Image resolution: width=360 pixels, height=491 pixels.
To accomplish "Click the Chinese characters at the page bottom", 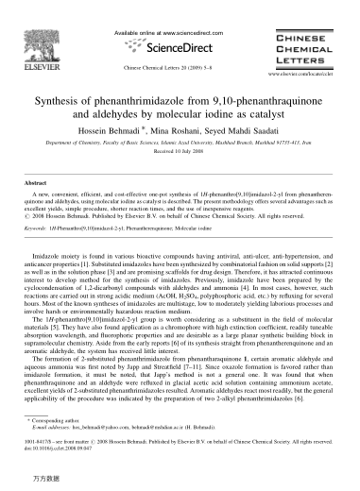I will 39,482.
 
